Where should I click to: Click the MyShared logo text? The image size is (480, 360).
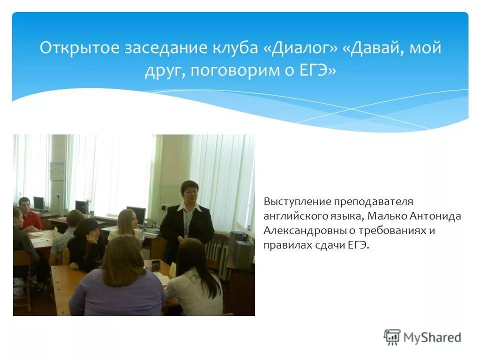point(432,337)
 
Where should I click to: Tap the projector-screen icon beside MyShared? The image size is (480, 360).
point(392,336)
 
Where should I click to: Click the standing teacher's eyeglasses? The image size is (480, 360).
point(190,192)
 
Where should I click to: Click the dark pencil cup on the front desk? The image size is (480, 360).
point(155,265)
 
